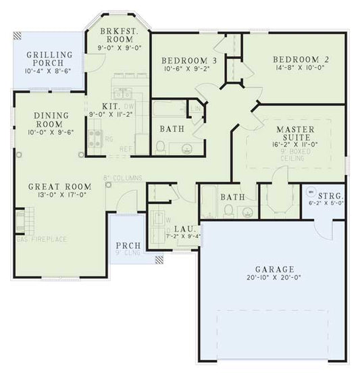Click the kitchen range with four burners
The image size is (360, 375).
[92, 138]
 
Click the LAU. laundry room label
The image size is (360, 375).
[182, 229]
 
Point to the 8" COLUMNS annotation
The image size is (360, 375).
[122, 178]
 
